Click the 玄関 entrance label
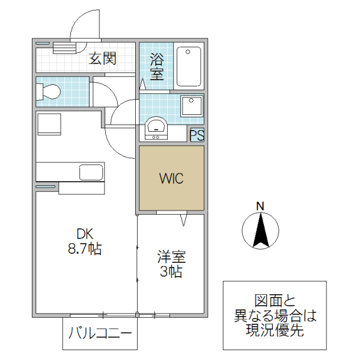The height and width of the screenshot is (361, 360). (x=103, y=58)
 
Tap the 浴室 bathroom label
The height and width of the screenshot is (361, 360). (x=157, y=67)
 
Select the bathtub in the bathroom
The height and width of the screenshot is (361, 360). (x=191, y=66)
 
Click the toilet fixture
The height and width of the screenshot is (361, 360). (x=49, y=92)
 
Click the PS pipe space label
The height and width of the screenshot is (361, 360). (x=197, y=135)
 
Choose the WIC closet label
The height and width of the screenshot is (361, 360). (x=171, y=179)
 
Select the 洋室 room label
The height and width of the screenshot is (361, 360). (x=171, y=258)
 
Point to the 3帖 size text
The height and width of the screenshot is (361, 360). (x=171, y=272)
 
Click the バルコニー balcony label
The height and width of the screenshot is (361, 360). (x=100, y=333)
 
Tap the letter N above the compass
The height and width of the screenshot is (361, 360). (x=260, y=206)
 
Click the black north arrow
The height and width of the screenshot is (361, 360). (x=260, y=232)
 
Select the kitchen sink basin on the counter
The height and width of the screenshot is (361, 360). (x=91, y=172)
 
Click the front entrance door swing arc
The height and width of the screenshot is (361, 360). (x=81, y=24)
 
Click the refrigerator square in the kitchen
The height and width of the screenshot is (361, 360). (x=48, y=124)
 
